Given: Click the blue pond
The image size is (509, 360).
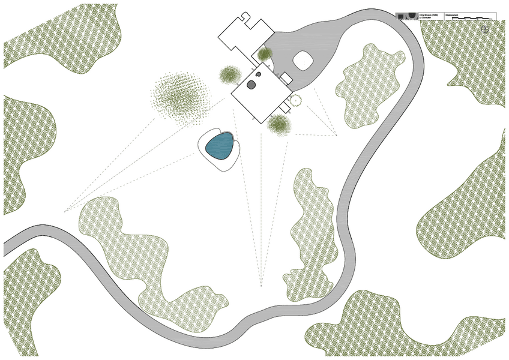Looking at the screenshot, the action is pos(220,146).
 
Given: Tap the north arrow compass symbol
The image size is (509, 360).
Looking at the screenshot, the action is pos(484,28).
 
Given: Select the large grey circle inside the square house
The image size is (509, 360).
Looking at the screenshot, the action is pos(251,85).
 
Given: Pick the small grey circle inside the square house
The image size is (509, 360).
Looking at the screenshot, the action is pos(258,74).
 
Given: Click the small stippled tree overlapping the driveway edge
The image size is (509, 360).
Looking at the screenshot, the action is pos(265,55).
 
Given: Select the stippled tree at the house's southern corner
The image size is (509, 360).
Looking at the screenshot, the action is pos(278,124).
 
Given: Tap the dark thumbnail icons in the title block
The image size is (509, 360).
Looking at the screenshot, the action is pos(407,16).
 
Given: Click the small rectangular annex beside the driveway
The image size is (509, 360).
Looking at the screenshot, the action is pos(286,79).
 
